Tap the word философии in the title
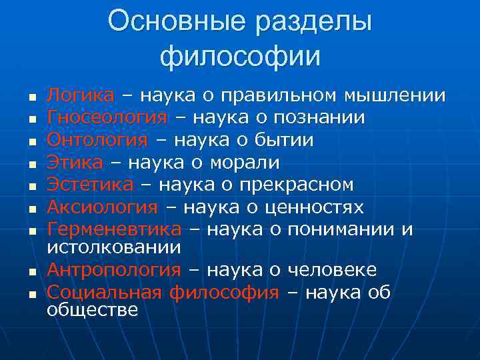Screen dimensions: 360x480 coord(240,55)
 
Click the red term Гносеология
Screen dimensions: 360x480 coord(107,118)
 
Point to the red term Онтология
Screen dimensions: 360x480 coord(97,140)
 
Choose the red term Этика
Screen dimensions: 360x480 coord(75,163)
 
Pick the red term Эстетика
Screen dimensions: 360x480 coord(90,185)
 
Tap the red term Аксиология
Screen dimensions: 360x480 coord(103,207)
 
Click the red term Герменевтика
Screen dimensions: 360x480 coord(114,230)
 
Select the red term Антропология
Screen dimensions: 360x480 coord(114,270)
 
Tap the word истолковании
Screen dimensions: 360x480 coord(114,247)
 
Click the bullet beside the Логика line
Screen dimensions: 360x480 coord(31,97)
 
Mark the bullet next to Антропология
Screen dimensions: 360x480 coord(31,272)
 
